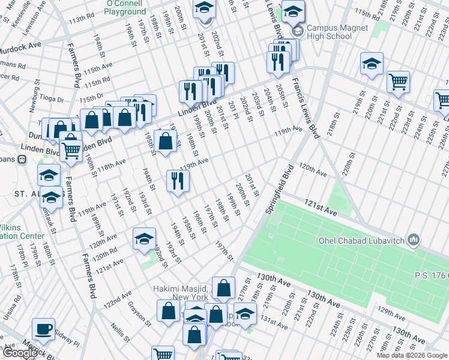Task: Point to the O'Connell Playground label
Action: click(x=125, y=7)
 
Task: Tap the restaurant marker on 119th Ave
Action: click(x=178, y=181)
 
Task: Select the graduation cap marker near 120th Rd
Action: click(x=144, y=238)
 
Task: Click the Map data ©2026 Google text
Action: click(x=412, y=355)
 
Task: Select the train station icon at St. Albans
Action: click(x=22, y=160)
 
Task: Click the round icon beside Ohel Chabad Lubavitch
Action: click(x=413, y=241)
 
